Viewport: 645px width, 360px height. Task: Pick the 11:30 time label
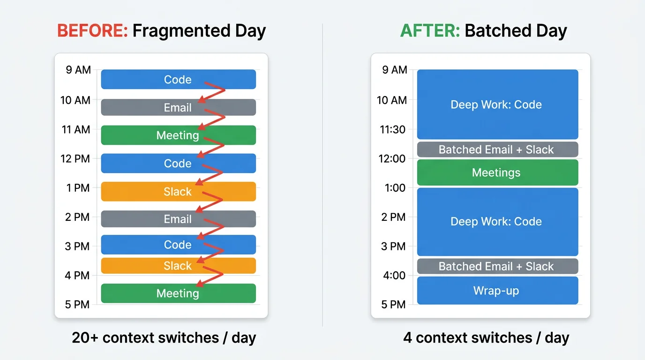393,129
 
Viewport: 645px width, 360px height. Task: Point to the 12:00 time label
393,158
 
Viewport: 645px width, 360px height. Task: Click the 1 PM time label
78,188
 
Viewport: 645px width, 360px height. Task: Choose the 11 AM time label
76,129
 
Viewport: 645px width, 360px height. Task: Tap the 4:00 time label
394,275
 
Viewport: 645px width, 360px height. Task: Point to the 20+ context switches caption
164,337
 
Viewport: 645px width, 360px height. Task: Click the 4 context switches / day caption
486,337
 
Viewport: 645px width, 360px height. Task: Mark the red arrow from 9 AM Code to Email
213,92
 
